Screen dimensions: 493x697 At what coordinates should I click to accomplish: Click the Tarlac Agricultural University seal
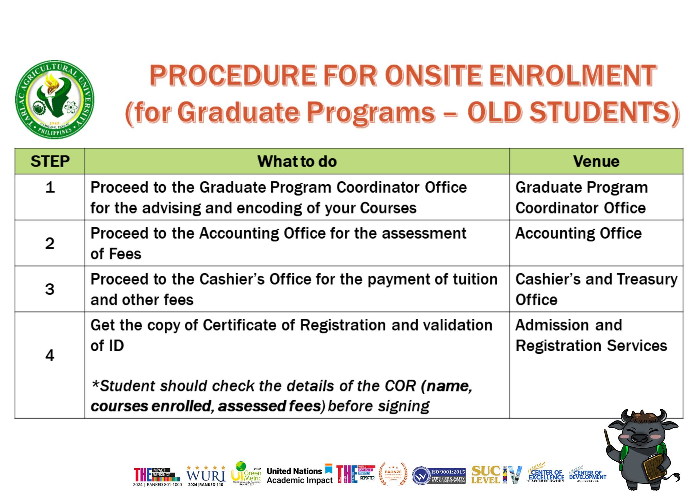coord(55,99)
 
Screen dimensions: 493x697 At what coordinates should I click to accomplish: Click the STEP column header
coord(50,161)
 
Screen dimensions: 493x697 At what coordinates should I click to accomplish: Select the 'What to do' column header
coord(297,161)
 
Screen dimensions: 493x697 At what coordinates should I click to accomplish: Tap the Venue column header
coord(596,161)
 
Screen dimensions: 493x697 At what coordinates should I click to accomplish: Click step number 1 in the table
coord(50,188)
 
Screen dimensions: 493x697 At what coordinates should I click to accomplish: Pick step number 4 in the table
coord(50,355)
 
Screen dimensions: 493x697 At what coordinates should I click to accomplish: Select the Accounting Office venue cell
coord(578,234)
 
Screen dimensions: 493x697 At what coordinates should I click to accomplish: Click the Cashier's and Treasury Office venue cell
coord(596,289)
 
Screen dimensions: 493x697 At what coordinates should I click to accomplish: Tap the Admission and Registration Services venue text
coord(591,335)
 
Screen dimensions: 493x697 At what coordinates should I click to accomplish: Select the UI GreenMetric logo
coord(246,473)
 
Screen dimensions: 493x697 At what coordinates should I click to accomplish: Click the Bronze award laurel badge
coord(393,474)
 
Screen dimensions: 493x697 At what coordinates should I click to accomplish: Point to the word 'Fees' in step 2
coord(128,254)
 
